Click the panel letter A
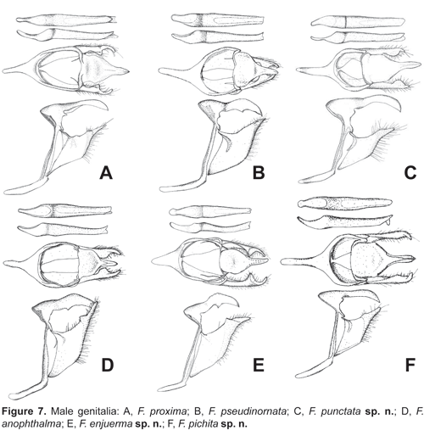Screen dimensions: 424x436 [106, 173]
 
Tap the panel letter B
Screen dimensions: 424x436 [259, 173]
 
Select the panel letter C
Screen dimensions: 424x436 [410, 173]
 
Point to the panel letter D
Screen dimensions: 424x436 [108, 365]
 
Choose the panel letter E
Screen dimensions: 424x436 [259, 365]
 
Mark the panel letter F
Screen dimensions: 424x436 [410, 365]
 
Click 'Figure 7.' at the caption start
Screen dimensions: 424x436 [23, 411]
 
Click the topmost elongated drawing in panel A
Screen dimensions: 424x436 [66, 20]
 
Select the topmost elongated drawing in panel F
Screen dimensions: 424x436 [345, 203]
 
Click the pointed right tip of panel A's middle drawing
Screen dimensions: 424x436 [129, 71]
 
